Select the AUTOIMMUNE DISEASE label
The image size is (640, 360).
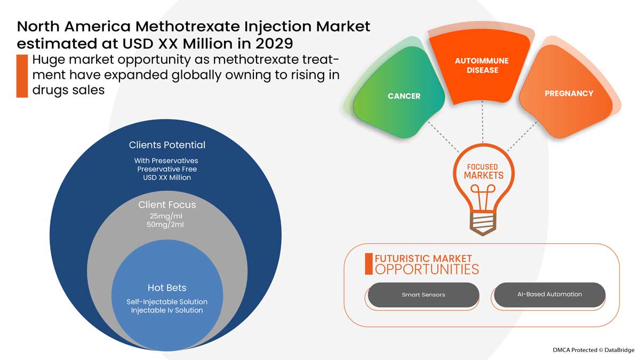[482, 66]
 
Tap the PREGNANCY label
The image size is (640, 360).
[569, 93]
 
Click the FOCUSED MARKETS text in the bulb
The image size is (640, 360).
[483, 171]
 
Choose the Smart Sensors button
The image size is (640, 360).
[423, 294]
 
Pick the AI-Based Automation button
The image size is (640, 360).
[549, 294]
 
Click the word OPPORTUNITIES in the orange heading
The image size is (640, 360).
[427, 269]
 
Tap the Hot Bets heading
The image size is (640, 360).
[166, 288]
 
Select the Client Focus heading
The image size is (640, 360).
[167, 205]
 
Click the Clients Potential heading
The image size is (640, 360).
[167, 145]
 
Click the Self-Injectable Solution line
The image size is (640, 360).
[167, 302]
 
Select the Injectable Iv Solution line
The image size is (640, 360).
[167, 310]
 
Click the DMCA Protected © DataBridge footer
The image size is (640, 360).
[593, 350]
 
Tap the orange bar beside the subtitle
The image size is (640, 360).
[22, 75]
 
